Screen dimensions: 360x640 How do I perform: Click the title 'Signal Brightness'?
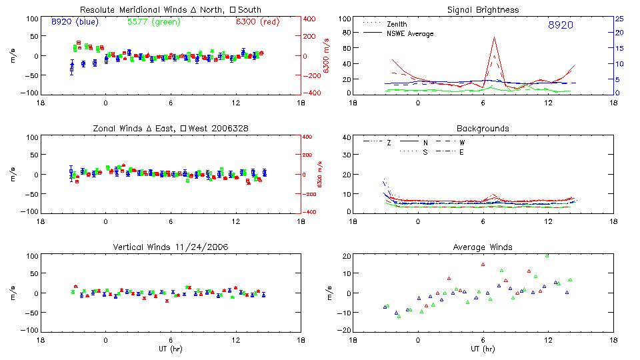(x=483, y=10)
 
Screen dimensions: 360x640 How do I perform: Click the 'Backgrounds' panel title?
(x=483, y=128)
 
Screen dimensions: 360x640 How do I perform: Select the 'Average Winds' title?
(x=483, y=247)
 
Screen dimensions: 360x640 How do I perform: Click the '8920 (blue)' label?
(x=75, y=21)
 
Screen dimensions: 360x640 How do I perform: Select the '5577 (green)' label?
(x=153, y=21)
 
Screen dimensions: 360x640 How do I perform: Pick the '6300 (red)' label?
(x=257, y=21)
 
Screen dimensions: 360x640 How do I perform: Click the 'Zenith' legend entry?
(x=397, y=24)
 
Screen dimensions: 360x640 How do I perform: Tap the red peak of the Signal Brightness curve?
(x=494, y=37)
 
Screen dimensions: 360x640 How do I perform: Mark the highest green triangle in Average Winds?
(x=547, y=255)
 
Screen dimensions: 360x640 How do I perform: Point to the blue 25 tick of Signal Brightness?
(x=619, y=19)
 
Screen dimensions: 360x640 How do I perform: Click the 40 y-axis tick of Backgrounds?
(x=346, y=138)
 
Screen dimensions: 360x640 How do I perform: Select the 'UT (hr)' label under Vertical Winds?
(x=171, y=349)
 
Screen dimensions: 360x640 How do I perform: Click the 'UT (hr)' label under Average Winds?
(x=483, y=349)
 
